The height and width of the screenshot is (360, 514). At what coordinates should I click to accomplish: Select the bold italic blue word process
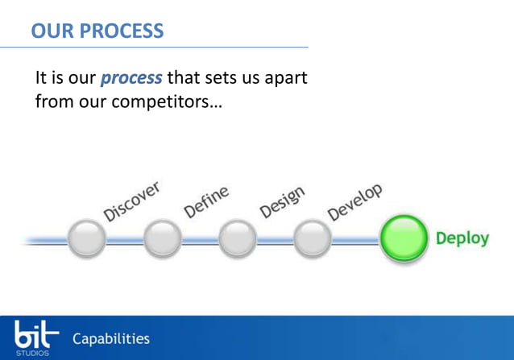[131, 80]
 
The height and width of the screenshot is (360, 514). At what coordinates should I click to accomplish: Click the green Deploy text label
[462, 239]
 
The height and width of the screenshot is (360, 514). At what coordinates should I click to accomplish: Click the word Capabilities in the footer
[111, 337]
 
